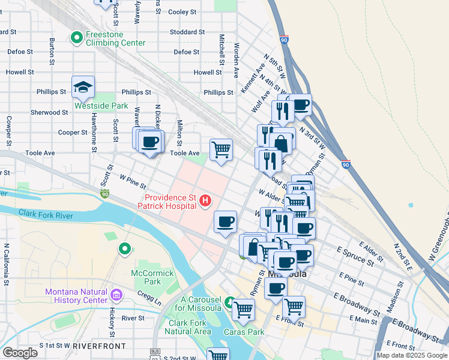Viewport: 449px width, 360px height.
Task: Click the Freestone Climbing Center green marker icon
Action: (77, 38)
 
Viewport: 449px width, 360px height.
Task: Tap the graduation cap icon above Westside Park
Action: (83, 88)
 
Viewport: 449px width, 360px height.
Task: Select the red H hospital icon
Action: (205, 200)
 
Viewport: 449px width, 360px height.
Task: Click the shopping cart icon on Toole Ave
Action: (221, 150)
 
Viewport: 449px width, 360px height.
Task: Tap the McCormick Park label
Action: (152, 277)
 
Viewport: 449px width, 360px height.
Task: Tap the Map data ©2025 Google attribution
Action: (411, 355)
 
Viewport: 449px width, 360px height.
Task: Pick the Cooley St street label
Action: (182, 12)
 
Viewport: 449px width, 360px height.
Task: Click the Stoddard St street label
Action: (187, 32)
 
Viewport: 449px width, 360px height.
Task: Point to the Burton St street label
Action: (52, 52)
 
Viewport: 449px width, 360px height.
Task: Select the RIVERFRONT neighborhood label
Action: (99, 346)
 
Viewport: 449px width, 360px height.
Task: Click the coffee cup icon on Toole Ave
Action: (149, 143)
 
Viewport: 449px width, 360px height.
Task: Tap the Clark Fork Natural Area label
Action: (188, 327)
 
